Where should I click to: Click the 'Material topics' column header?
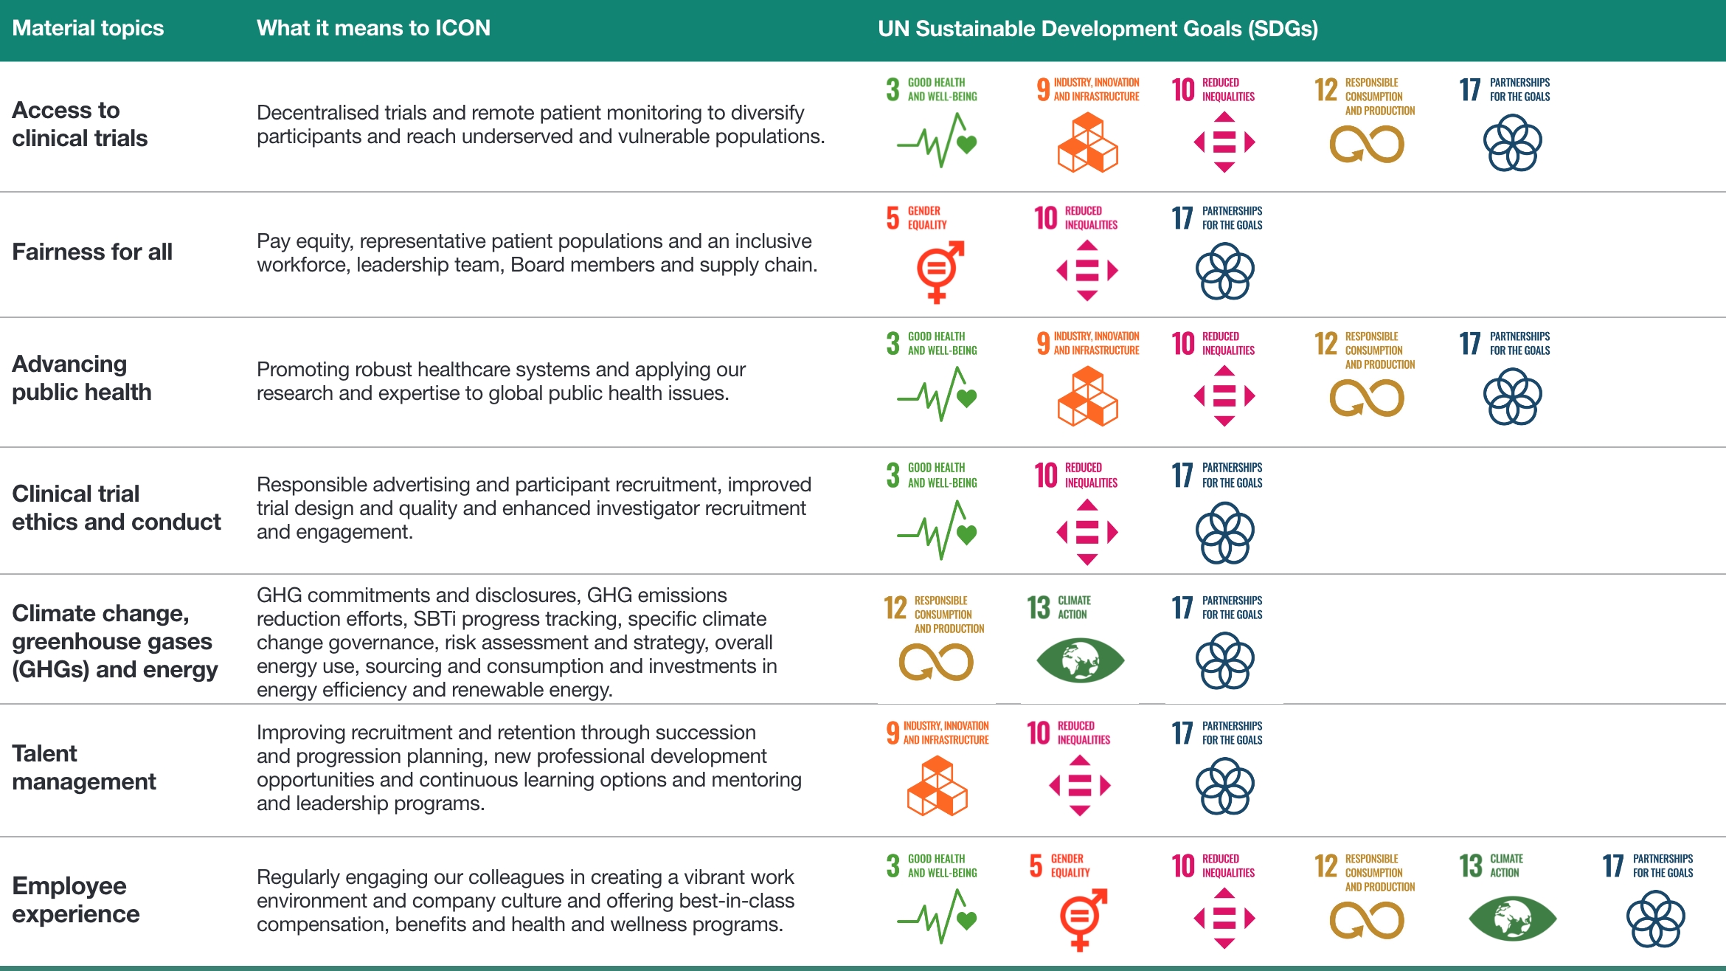[88, 28]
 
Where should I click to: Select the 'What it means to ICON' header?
[373, 28]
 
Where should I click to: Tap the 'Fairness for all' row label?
[92, 252]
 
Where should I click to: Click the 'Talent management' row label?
[84, 767]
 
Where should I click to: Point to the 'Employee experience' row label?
[76, 899]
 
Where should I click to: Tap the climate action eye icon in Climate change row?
[1080, 660]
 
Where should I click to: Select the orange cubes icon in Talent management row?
[937, 787]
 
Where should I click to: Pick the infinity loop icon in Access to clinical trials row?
[1366, 144]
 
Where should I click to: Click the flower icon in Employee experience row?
[1655, 919]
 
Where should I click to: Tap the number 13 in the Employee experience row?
[1470, 865]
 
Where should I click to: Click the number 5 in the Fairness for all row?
[893, 218]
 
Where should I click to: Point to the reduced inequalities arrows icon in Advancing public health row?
[1224, 396]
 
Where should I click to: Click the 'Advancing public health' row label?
[82, 378]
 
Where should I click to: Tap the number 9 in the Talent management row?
[893, 733]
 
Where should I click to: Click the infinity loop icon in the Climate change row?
[935, 662]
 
